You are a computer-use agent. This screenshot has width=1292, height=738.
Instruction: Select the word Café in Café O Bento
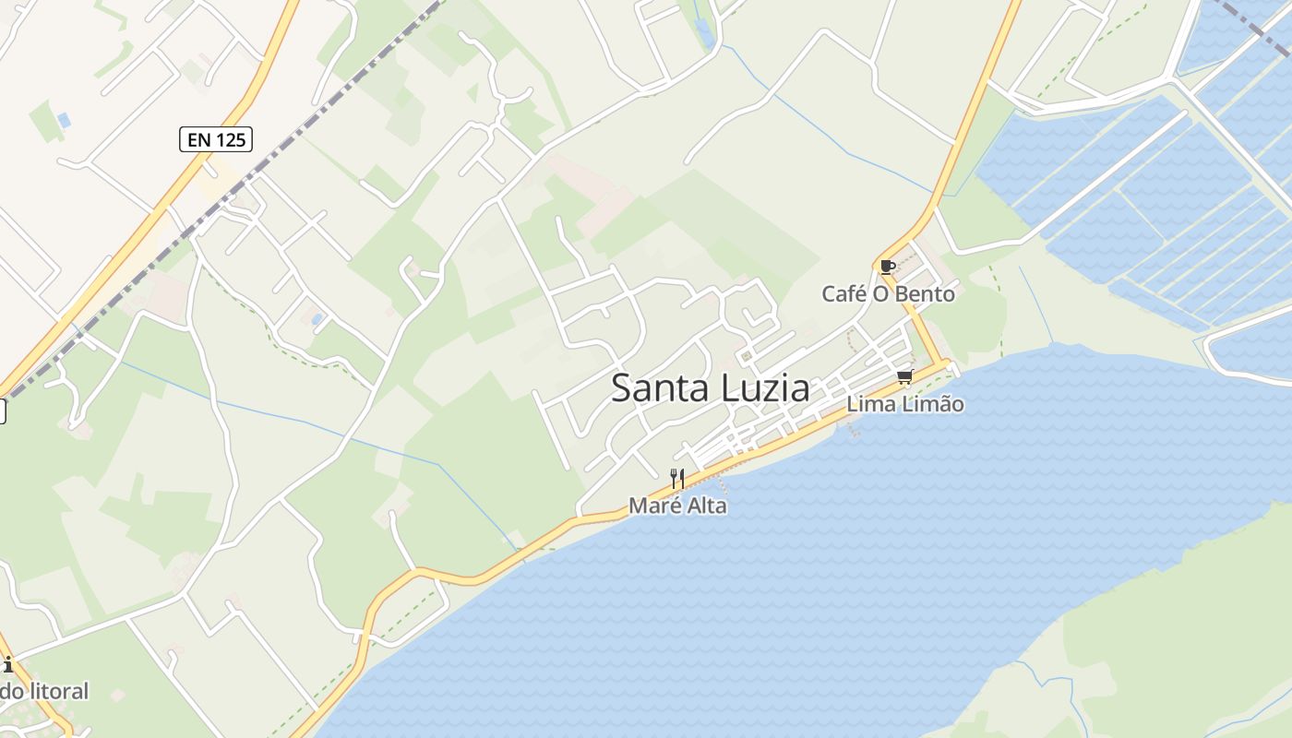[843, 294]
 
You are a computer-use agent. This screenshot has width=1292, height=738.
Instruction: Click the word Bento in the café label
[926, 294]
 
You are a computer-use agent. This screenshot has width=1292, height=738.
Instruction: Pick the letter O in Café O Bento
[881, 294]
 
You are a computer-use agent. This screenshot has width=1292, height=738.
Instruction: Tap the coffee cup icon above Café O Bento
[888, 268]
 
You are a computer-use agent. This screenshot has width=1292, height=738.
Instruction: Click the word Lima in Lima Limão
[867, 404]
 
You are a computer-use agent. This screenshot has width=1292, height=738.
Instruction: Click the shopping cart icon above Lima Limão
[905, 376]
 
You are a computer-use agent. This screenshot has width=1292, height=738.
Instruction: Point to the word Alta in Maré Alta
[704, 506]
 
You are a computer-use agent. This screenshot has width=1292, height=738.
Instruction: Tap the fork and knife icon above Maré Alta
[677, 478]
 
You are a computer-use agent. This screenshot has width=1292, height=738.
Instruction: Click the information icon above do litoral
[7, 664]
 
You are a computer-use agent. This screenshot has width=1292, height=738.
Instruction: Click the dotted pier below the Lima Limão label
[854, 427]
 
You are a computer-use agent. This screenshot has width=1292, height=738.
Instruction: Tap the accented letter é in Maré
[672, 506]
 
